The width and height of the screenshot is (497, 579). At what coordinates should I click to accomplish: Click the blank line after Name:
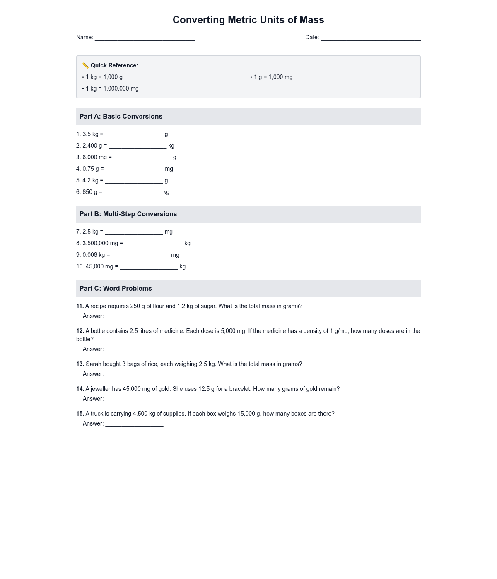click(145, 38)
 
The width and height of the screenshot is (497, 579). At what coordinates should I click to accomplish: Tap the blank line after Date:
click(370, 38)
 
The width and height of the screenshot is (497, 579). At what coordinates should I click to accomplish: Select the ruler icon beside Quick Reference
click(86, 65)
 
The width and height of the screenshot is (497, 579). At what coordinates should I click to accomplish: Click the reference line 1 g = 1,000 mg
click(273, 77)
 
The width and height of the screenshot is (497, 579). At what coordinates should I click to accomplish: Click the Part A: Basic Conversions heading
click(121, 117)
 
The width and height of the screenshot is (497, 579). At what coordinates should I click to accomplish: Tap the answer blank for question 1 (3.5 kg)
click(134, 135)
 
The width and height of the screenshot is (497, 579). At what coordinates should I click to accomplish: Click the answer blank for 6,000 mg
click(142, 158)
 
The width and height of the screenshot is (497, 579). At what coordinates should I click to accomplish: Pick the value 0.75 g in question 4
click(91, 169)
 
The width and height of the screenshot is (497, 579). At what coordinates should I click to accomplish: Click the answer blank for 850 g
click(133, 193)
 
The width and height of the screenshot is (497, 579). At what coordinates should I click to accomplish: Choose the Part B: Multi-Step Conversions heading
click(128, 214)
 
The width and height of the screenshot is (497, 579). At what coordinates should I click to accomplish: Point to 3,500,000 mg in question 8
click(100, 243)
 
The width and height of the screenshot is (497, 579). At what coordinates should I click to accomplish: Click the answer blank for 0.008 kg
click(140, 256)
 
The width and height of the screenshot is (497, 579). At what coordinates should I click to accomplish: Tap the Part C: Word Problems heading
click(116, 289)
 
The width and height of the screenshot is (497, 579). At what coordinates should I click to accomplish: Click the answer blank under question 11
click(134, 317)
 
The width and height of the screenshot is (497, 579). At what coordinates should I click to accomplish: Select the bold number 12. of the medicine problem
click(80, 331)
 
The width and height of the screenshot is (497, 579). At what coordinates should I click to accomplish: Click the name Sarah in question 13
click(93, 364)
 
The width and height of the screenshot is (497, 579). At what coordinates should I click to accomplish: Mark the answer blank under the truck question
click(134, 424)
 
